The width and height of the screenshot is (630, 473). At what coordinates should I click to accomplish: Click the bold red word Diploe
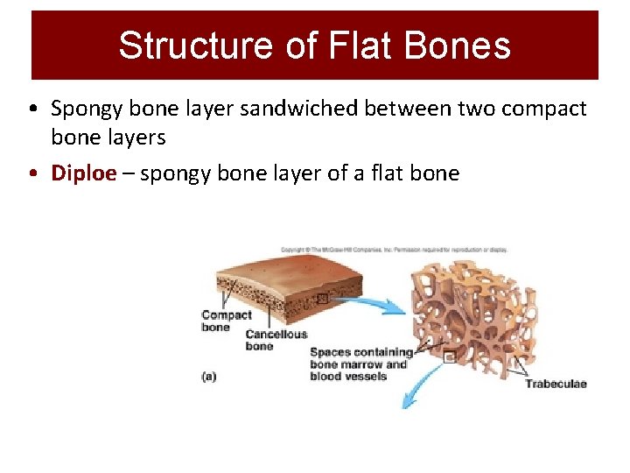(84, 173)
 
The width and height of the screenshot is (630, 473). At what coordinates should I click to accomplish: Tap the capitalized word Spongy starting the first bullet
(87, 109)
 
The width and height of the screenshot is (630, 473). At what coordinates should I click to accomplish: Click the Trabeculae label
(556, 384)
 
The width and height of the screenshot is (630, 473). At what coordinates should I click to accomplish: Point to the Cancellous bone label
(276, 340)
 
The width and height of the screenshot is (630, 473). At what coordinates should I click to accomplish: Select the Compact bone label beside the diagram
(226, 321)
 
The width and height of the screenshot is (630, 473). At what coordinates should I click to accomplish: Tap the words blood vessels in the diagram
(348, 377)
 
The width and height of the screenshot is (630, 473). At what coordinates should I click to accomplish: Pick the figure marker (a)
(209, 377)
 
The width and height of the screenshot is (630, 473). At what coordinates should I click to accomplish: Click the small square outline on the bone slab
(324, 299)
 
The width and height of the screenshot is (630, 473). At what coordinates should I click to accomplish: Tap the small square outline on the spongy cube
(449, 357)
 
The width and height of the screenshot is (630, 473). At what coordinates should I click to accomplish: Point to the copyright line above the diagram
(394, 250)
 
